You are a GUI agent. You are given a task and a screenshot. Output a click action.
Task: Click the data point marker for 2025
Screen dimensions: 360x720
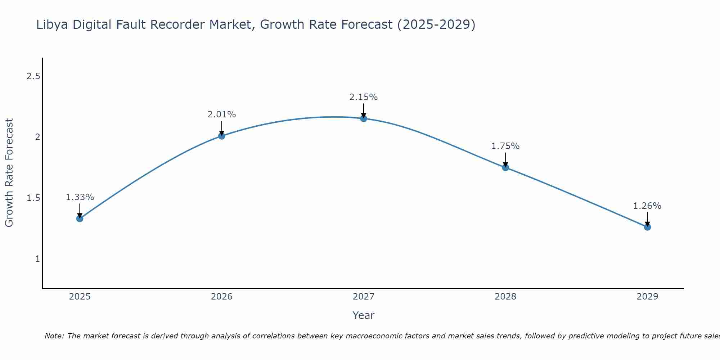pyautogui.click(x=80, y=219)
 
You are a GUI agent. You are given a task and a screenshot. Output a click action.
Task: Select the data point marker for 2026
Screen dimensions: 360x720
pyautogui.click(x=222, y=136)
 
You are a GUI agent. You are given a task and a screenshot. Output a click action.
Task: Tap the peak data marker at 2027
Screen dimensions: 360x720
pyautogui.click(x=364, y=118)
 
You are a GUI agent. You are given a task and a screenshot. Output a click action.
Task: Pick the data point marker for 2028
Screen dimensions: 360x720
pyautogui.click(x=505, y=167)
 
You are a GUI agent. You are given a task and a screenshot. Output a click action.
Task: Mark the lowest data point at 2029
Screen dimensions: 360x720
pyautogui.click(x=647, y=227)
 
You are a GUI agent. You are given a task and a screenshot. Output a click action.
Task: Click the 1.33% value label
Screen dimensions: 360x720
pyautogui.click(x=80, y=197)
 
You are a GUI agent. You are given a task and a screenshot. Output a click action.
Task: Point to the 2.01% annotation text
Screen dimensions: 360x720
pyautogui.click(x=222, y=114)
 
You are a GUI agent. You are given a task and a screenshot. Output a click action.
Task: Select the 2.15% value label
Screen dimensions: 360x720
pyautogui.click(x=364, y=97)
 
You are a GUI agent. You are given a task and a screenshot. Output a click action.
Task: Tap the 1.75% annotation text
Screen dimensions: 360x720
pyautogui.click(x=505, y=146)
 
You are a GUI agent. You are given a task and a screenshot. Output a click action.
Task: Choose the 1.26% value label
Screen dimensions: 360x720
pyautogui.click(x=647, y=206)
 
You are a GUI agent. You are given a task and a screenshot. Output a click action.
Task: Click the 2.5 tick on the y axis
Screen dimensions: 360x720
pyautogui.click(x=33, y=76)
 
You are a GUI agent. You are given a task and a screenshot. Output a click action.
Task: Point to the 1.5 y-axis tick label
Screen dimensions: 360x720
pyautogui.click(x=33, y=198)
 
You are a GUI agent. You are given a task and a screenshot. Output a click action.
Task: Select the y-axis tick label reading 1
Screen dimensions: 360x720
pyautogui.click(x=37, y=259)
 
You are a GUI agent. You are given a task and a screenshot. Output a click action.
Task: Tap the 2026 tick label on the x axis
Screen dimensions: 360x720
pyautogui.click(x=222, y=297)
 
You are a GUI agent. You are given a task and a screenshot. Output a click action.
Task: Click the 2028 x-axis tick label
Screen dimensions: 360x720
pyautogui.click(x=505, y=297)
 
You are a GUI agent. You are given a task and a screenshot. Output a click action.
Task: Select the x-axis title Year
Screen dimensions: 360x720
pyautogui.click(x=364, y=315)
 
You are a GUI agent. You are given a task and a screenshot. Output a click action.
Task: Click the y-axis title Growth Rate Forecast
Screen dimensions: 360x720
pyautogui.click(x=9, y=173)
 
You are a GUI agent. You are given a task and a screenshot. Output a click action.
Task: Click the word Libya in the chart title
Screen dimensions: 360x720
pyautogui.click(x=53, y=25)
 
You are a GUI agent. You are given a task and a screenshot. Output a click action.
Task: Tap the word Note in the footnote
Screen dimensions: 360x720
pyautogui.click(x=54, y=336)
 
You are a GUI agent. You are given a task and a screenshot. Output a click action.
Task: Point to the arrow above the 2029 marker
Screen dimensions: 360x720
pyautogui.click(x=647, y=219)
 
